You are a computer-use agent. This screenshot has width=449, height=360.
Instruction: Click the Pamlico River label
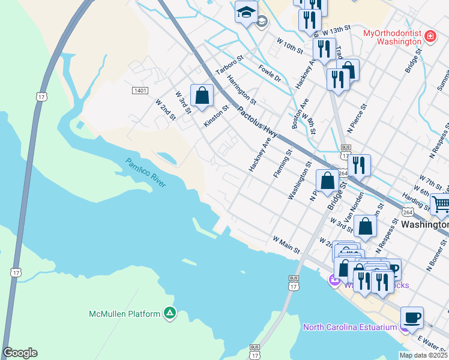(x=145, y=173)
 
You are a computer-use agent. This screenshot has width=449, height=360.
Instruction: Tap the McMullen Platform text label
(x=124, y=314)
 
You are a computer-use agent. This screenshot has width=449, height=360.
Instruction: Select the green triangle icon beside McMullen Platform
(x=170, y=313)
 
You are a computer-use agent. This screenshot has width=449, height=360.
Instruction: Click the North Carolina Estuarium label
(x=350, y=327)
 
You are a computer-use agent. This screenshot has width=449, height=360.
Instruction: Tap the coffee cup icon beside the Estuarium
(x=411, y=317)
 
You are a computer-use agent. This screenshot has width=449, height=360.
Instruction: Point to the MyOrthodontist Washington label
(x=393, y=38)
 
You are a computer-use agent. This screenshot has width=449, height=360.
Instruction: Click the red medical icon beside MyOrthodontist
(x=430, y=38)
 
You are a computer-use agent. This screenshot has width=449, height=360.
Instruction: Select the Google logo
(x=20, y=353)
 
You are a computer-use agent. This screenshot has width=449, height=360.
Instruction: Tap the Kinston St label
(x=216, y=116)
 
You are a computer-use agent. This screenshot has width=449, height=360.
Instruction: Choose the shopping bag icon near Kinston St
(x=202, y=95)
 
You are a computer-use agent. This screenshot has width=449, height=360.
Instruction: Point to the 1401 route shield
(x=140, y=90)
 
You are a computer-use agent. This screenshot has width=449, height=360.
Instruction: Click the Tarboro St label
(x=228, y=68)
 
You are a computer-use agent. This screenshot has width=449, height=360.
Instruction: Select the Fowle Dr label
(x=270, y=74)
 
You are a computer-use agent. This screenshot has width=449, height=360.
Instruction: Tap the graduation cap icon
(x=246, y=12)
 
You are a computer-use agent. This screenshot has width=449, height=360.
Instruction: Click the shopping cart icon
(x=441, y=205)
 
